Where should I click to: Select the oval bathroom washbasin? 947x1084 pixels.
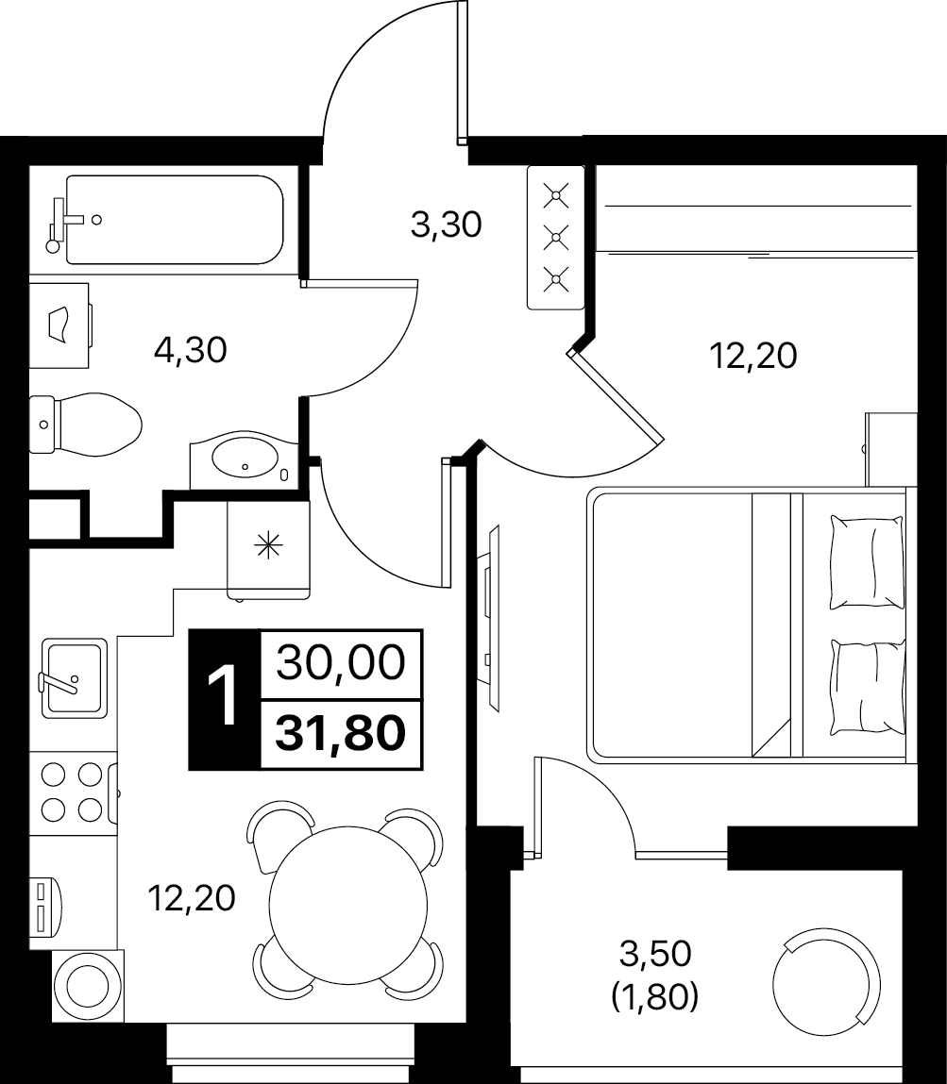pyautogui.click(x=245, y=457)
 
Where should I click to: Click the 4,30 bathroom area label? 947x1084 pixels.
pyautogui.click(x=190, y=351)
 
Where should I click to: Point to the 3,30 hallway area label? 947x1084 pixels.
pyautogui.click(x=447, y=225)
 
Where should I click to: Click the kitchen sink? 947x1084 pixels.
pyautogui.click(x=74, y=678)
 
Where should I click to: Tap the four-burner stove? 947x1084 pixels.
pyautogui.click(x=73, y=792)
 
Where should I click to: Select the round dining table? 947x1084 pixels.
pyautogui.click(x=348, y=904)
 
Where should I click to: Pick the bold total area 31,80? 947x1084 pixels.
pyautogui.click(x=340, y=733)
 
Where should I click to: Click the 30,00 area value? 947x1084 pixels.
pyautogui.click(x=340, y=662)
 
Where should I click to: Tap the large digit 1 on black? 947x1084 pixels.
pyautogui.click(x=223, y=698)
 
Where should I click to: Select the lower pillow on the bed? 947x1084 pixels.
pyautogui.click(x=868, y=688)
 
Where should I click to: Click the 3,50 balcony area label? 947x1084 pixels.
pyautogui.click(x=655, y=954)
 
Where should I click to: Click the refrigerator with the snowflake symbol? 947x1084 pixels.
pyautogui.click(x=268, y=549)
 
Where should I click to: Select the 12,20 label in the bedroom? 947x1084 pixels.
pyautogui.click(x=753, y=356)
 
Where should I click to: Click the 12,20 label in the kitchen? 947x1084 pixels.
pyautogui.click(x=192, y=898)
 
